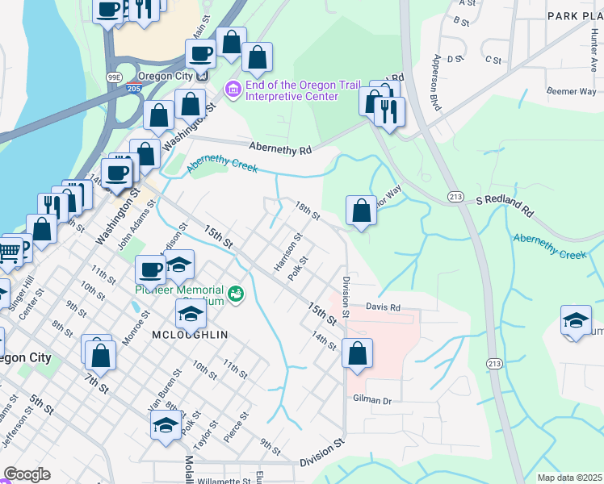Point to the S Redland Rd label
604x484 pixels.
pyautogui.click(x=505, y=205)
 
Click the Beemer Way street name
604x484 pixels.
pyautogui.click(x=571, y=92)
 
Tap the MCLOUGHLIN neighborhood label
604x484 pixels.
pyautogui.click(x=190, y=334)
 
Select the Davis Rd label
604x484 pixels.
pyautogui.click(x=383, y=307)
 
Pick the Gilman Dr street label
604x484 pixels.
pyautogui.click(x=371, y=400)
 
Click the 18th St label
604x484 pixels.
pyautogui.click(x=308, y=211)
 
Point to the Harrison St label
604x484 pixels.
pyautogui.click(x=287, y=252)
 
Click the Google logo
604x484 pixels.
pyautogui.click(x=27, y=474)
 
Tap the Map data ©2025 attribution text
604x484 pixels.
pyautogui.click(x=568, y=478)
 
